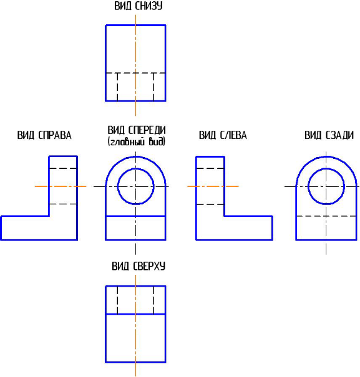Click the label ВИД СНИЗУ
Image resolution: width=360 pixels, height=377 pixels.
click(x=139, y=6)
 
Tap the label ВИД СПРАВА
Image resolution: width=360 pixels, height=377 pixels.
click(x=44, y=135)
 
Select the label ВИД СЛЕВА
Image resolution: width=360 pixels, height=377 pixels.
click(x=223, y=135)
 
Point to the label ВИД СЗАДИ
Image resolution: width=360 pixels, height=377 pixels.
click(x=329, y=135)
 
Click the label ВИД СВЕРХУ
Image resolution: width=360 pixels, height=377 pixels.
click(x=139, y=267)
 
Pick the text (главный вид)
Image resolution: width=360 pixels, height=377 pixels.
click(x=137, y=141)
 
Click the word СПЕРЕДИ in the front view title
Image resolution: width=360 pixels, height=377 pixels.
click(x=147, y=130)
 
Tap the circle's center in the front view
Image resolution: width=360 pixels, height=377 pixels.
click(x=135, y=186)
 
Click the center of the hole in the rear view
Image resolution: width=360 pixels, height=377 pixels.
click(x=326, y=186)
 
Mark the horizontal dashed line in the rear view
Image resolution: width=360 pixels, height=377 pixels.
click(x=326, y=216)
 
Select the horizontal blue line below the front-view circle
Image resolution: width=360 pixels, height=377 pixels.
click(x=135, y=216)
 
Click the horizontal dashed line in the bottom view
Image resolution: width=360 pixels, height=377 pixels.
click(x=135, y=73)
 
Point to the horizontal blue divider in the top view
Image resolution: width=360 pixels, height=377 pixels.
click(x=135, y=314)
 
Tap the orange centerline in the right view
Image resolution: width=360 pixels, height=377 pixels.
click(x=61, y=186)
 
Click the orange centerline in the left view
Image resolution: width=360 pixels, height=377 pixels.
click(x=213, y=186)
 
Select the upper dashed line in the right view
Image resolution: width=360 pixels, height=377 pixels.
click(x=63, y=168)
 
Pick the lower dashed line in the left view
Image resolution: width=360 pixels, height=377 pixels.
click(x=210, y=204)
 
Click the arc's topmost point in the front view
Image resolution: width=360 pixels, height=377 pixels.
click(x=135, y=156)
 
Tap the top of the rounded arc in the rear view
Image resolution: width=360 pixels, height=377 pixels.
click(x=326, y=156)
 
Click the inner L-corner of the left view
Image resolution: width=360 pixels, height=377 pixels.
click(x=225, y=216)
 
